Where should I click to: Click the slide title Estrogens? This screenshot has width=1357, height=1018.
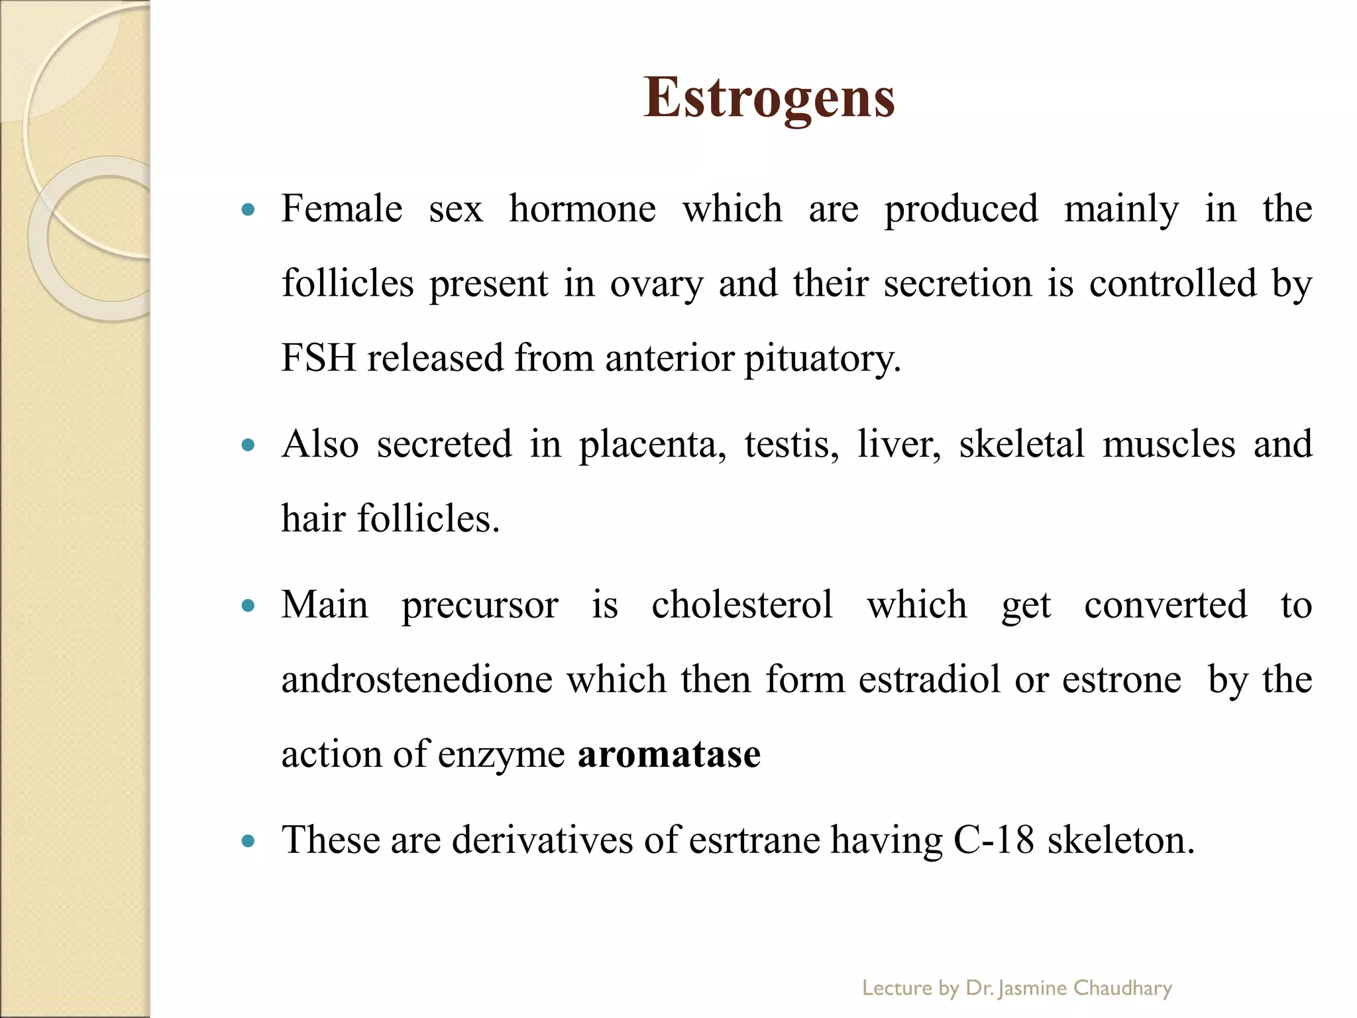tap(769, 97)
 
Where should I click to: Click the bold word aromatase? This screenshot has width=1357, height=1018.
tap(669, 754)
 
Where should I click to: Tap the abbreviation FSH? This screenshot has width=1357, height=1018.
tap(319, 358)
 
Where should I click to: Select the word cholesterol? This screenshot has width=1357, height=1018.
tap(741, 604)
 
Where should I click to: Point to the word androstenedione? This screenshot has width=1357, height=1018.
tap(417, 679)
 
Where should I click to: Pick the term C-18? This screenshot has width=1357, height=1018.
tap(993, 840)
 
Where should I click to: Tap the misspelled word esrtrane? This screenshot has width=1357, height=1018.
tap(754, 840)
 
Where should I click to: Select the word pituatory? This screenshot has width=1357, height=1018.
tap(822, 358)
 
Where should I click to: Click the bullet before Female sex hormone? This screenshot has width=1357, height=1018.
tap(248, 211)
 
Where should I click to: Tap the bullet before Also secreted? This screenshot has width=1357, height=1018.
tap(248, 445)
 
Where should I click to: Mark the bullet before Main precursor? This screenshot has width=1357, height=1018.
tap(248, 606)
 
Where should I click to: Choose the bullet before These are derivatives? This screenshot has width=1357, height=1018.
tap(248, 842)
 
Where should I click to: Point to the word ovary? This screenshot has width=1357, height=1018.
tap(656, 284)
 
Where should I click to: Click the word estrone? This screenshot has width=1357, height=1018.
tap(1121, 679)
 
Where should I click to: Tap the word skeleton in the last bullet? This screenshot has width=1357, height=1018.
tap(1120, 840)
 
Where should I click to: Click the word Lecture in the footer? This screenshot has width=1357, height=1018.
tap(897, 988)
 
